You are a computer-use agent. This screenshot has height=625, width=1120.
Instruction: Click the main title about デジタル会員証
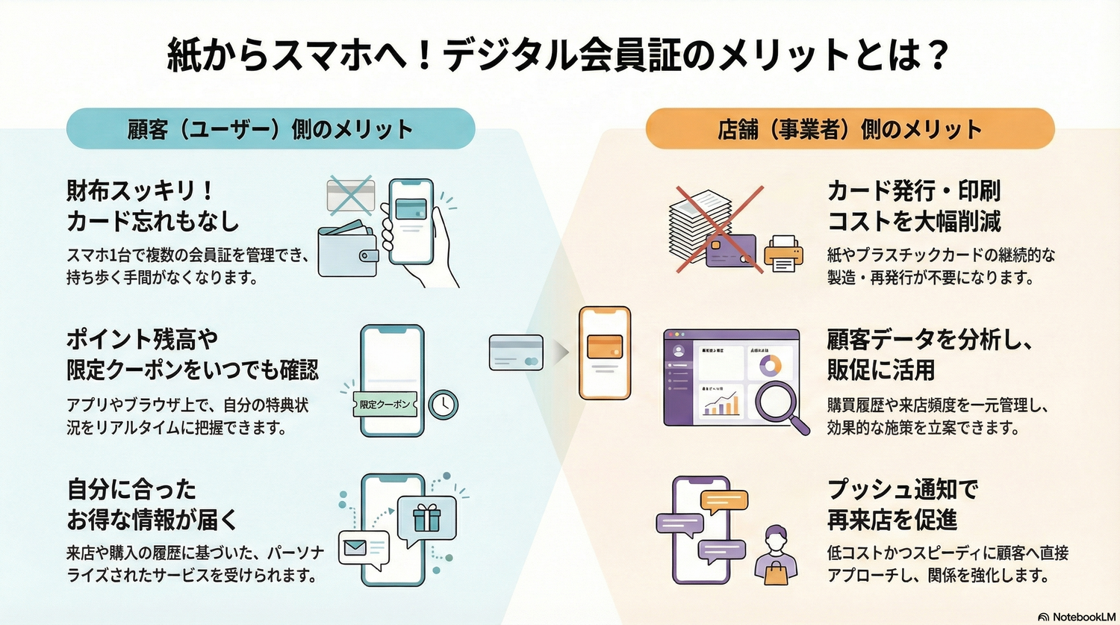coord(559,55)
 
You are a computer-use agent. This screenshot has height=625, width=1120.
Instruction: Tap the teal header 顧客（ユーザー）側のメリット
coord(270,129)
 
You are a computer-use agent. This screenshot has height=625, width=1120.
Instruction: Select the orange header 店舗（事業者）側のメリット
coord(850,129)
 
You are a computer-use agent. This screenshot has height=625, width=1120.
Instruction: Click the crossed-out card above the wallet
coord(350,196)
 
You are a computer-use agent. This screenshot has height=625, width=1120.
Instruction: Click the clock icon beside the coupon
coord(444,404)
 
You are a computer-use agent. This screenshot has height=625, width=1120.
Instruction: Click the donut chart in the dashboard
coord(770,365)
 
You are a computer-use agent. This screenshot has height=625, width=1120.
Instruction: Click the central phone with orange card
coord(605,352)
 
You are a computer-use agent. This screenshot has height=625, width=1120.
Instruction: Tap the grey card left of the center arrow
coord(516,352)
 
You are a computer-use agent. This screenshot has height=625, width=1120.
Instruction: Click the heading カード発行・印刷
coord(914,191)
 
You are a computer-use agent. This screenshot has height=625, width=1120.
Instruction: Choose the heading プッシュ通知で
coord(903,490)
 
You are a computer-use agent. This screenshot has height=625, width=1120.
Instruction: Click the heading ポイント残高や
coord(143,340)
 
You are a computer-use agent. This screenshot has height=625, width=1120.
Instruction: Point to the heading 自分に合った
coord(132,490)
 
